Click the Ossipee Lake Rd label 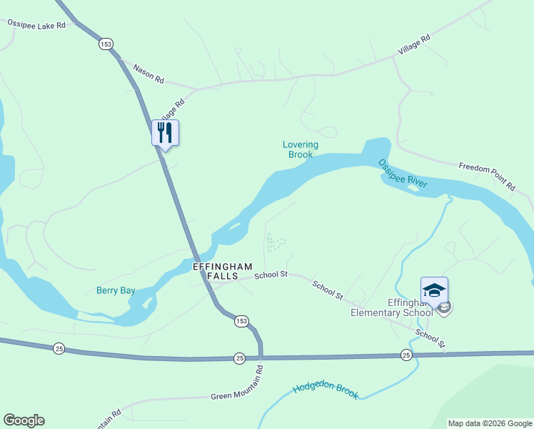[36, 24]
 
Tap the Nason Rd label [149, 71]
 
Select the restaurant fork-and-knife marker [165, 133]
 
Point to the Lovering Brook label [301, 149]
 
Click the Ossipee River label [403, 173]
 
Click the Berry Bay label [116, 290]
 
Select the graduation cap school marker [434, 290]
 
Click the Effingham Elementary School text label [391, 307]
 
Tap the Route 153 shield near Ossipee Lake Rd [106, 44]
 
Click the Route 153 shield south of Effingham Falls [241, 322]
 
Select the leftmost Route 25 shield [59, 348]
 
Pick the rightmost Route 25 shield [406, 355]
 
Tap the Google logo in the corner [24, 420]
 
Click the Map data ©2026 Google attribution [490, 423]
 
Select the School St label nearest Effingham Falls [271, 274]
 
